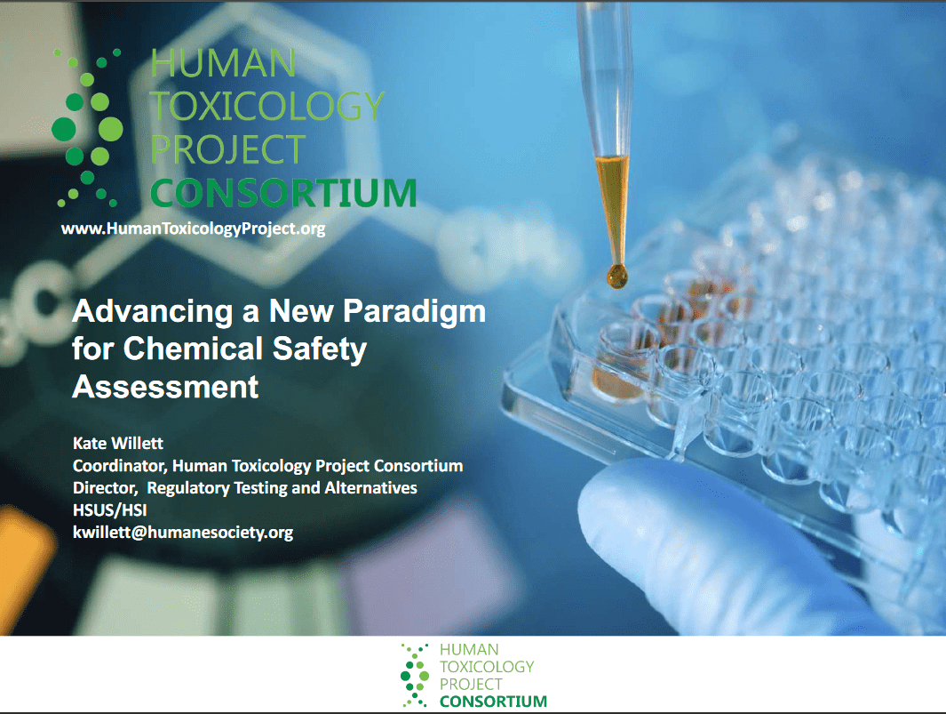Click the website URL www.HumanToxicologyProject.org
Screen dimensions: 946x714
click(x=193, y=229)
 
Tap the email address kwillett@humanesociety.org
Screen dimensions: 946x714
click(x=183, y=533)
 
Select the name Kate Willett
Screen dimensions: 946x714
click(x=117, y=444)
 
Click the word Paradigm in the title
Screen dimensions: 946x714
click(x=414, y=313)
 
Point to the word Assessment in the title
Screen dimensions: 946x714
click(x=165, y=387)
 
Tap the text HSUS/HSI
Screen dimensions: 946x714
click(x=110, y=509)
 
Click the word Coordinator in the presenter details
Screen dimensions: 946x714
click(x=119, y=466)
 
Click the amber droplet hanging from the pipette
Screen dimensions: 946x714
click(x=616, y=276)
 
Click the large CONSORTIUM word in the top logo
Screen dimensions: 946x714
click(x=283, y=193)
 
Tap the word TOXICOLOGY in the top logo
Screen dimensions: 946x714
click(x=267, y=106)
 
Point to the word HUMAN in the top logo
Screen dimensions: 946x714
click(x=223, y=63)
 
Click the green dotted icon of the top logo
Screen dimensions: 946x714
click(x=87, y=128)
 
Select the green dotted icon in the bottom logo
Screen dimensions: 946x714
click(x=415, y=676)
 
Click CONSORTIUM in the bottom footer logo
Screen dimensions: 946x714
click(x=494, y=702)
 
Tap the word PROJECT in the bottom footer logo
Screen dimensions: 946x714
click(x=471, y=684)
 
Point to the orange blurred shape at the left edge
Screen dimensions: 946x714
click(x=24, y=562)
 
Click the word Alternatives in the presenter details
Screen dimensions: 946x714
click(x=370, y=487)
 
